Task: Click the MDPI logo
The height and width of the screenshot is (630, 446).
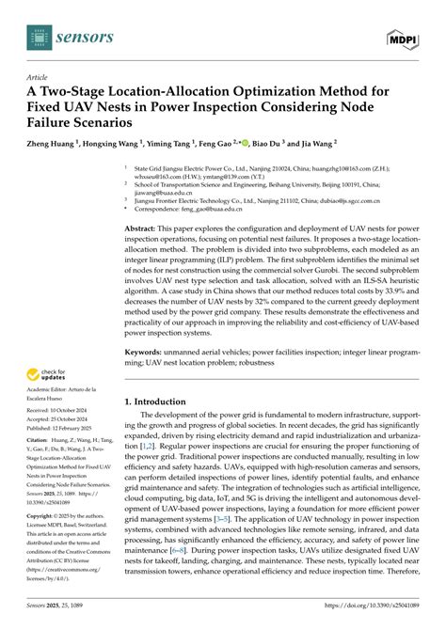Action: [404, 38]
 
